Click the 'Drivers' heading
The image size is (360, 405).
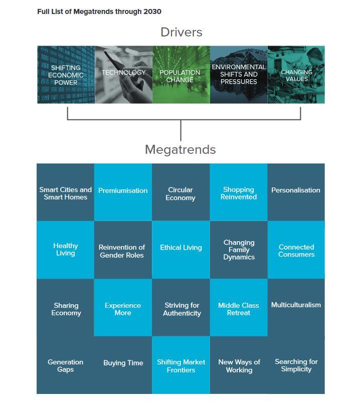181,32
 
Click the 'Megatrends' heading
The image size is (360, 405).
180,149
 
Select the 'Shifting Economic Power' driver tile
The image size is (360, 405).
66,75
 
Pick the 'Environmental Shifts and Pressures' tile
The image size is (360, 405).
239,74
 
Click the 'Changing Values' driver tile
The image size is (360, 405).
296,75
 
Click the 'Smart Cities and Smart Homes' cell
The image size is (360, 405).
66,193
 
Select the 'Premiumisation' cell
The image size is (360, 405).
123,191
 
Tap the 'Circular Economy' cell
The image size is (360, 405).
181,193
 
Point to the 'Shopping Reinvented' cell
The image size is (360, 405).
239,193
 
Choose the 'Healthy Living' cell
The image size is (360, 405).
66,249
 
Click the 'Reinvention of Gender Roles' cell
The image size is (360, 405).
122,251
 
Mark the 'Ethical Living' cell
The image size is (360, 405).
181,248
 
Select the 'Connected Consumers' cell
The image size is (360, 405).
296,251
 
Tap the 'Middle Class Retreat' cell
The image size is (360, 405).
239,309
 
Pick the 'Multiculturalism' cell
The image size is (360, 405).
296,305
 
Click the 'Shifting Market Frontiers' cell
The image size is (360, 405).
181,366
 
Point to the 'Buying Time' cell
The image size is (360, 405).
123,363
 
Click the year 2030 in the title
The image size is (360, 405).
152,12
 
